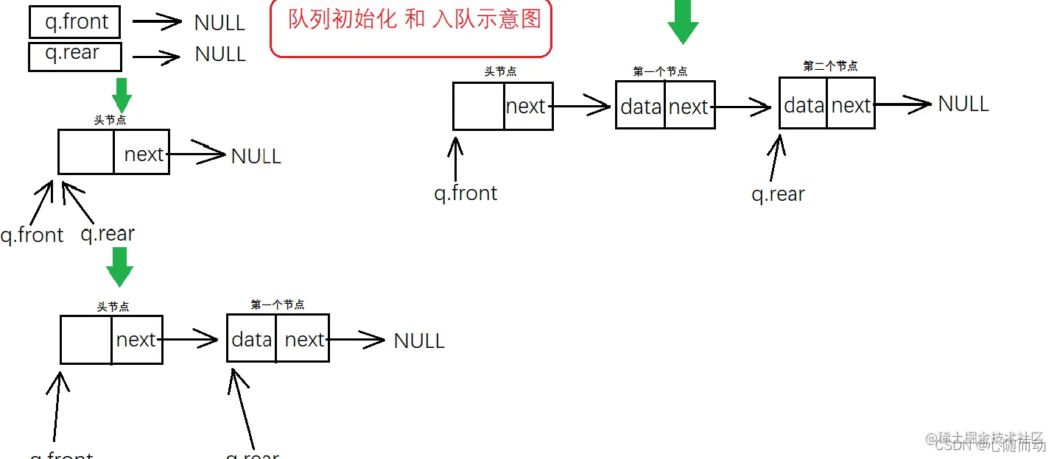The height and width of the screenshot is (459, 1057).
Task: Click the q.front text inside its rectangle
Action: point(77,22)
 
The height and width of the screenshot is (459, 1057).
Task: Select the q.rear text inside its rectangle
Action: point(72,54)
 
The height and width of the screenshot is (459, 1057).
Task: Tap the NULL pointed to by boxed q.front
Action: point(220,23)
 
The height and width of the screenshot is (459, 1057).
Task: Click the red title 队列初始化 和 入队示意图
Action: point(414,19)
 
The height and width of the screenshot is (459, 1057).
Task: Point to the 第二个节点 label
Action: point(830,66)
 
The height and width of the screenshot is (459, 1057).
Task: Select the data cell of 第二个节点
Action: point(804,106)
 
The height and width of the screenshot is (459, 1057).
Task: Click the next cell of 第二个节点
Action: point(851,106)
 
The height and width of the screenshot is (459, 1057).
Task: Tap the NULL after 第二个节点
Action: point(963,104)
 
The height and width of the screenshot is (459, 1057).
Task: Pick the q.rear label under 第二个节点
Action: point(778,194)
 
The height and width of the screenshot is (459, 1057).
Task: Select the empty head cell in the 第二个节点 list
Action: point(479,107)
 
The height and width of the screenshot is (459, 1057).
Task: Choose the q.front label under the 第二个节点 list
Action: point(466,193)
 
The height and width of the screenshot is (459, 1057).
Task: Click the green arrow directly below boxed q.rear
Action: point(122,95)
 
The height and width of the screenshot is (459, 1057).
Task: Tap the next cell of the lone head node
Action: point(142,154)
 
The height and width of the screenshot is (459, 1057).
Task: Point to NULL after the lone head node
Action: point(256,156)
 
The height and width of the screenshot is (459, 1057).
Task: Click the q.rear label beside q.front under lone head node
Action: point(108,234)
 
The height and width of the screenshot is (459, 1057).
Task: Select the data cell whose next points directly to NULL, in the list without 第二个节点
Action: point(251,340)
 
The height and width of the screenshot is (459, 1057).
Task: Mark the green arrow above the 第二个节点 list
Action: point(683,22)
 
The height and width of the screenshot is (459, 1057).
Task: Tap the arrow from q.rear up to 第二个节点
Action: point(775,157)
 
